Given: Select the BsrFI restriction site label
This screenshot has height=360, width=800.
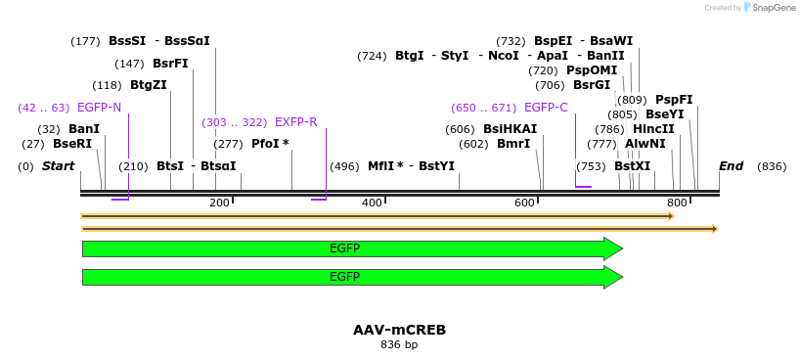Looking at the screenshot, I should (170, 64).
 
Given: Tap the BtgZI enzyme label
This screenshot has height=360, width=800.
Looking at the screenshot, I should (148, 85).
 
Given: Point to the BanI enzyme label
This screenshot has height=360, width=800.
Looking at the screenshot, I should (84, 129).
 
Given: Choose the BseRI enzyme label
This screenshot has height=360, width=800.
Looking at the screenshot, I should (72, 144).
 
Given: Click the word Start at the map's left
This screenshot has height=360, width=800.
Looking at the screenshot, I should (58, 166).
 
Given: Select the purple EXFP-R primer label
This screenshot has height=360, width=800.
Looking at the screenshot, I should (295, 122).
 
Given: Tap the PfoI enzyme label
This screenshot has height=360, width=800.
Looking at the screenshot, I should (270, 144).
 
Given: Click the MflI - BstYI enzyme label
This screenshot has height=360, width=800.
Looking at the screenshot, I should (411, 166).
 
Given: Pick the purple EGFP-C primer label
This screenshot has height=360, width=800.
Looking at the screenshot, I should (545, 107).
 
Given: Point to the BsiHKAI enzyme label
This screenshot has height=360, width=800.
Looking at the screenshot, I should (510, 129).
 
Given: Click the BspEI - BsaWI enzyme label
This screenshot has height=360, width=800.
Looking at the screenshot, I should (583, 41).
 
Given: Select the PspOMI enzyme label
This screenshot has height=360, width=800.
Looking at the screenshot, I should (592, 70).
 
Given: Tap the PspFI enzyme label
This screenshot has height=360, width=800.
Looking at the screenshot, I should (674, 100).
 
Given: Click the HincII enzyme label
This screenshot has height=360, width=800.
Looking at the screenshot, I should (653, 129).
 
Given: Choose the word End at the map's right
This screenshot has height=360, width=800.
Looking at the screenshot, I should (731, 166).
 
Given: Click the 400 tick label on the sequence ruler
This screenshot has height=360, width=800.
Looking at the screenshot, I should (372, 202).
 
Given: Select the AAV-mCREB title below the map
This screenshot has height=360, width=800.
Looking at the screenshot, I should (399, 330).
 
